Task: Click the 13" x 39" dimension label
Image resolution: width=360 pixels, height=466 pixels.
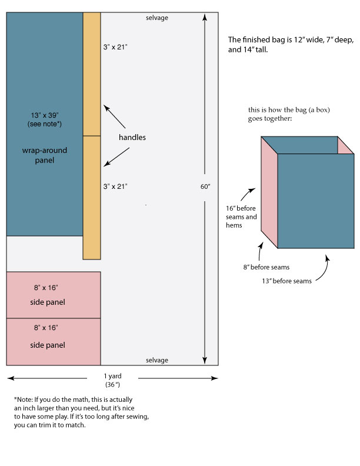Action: click(x=45, y=115)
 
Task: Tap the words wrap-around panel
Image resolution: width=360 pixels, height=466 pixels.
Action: click(x=45, y=155)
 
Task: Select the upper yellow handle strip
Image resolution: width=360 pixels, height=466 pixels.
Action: click(x=92, y=74)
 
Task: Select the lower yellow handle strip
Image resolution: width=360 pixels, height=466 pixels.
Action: click(x=92, y=198)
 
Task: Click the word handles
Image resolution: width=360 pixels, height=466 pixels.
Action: click(x=132, y=137)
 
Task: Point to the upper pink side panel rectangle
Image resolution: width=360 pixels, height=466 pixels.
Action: click(x=54, y=295)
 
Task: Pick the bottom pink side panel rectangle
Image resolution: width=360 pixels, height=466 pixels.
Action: click(x=54, y=342)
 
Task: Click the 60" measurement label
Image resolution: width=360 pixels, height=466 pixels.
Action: click(x=205, y=187)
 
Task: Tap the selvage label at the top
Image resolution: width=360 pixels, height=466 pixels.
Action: click(x=157, y=18)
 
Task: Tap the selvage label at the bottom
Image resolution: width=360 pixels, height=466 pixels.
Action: click(x=157, y=360)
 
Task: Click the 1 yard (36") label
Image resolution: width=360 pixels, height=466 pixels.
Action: click(x=112, y=380)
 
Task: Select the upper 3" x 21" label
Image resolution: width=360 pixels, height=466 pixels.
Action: click(x=115, y=47)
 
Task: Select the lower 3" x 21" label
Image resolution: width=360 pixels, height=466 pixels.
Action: click(x=115, y=187)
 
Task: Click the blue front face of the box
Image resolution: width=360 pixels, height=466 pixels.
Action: click(x=316, y=201)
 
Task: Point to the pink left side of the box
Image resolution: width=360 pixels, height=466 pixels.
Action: click(x=269, y=192)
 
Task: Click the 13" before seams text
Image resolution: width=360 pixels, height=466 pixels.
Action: click(x=286, y=281)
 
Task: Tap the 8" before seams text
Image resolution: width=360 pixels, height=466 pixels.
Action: click(x=266, y=267)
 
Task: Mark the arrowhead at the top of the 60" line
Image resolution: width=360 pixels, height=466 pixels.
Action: click(x=205, y=17)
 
